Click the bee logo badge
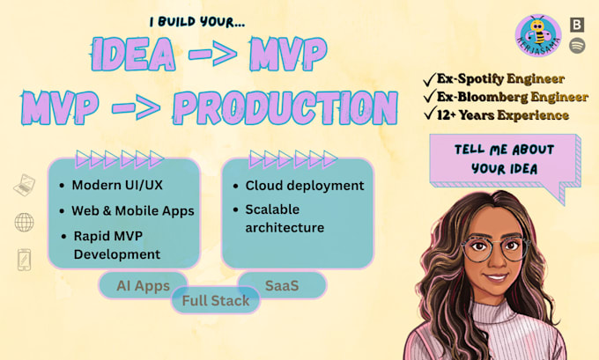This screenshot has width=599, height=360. [538, 35]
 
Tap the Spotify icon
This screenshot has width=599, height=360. [577, 46]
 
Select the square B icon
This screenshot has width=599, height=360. [577, 25]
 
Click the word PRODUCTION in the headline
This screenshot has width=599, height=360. [285, 107]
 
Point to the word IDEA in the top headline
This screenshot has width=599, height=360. [133, 54]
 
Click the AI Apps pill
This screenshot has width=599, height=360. [143, 285]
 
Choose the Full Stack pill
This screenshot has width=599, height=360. [216, 300]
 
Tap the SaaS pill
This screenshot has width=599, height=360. [282, 285]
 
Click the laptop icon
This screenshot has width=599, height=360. [25, 185]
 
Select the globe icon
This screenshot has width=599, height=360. [24, 222]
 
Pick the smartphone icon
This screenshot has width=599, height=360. [24, 260]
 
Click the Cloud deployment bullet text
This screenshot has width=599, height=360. [305, 186]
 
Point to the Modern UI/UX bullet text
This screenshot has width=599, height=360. [117, 185]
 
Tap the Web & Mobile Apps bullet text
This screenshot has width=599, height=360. [133, 210]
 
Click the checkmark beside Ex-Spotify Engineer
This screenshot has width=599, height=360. [429, 79]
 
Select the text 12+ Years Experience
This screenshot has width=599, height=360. [503, 115]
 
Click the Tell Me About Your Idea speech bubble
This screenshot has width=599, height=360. [505, 163]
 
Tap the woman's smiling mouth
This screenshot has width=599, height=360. [496, 276]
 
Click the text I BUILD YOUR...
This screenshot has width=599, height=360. [197, 21]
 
